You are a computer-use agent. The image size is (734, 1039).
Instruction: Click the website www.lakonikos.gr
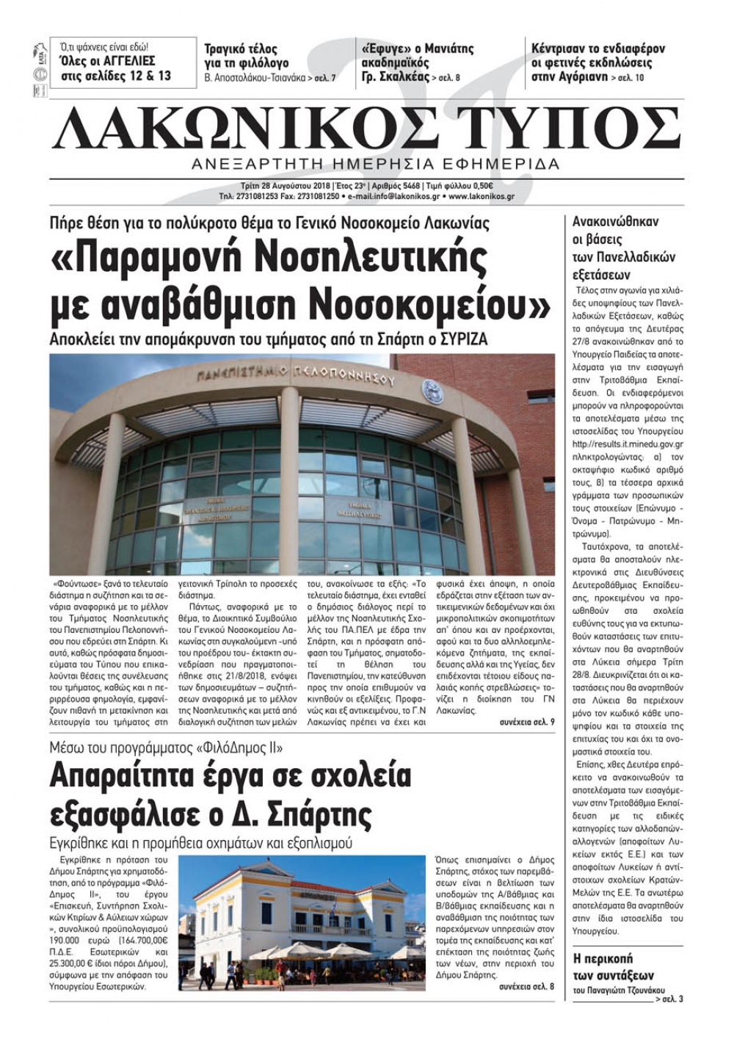coord(482,197)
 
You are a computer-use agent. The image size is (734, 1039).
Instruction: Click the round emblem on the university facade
coord(431,391)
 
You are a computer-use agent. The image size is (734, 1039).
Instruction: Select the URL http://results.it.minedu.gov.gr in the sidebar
coord(627,444)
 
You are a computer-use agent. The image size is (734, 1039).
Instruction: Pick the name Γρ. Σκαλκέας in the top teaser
coord(396,76)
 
